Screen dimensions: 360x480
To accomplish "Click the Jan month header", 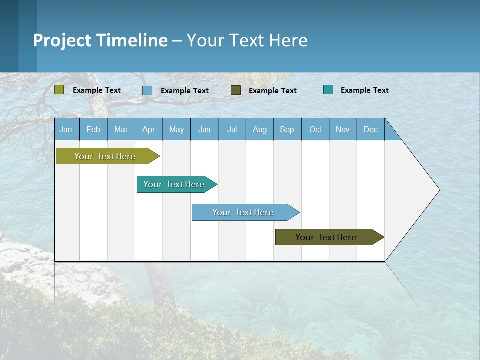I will click(66, 129).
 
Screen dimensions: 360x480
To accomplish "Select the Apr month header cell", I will click(149, 129).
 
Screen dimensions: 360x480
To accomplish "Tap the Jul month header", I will click(232, 129).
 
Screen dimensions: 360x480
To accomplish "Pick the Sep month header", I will click(287, 129).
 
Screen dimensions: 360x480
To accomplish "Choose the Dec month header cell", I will click(370, 129).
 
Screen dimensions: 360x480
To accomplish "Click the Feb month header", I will click(93, 129).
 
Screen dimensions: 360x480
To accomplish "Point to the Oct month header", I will click(315, 129).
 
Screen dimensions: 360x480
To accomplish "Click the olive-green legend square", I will click(59, 90).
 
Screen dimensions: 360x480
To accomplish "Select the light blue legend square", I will click(147, 90).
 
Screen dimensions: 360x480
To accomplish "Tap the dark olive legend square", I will click(236, 90).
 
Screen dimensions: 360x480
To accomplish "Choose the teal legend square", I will click(328, 90).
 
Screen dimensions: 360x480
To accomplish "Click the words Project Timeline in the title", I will click(100, 40).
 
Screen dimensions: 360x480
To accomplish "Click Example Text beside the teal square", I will click(364, 90).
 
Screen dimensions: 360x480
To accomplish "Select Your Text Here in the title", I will click(247, 40).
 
